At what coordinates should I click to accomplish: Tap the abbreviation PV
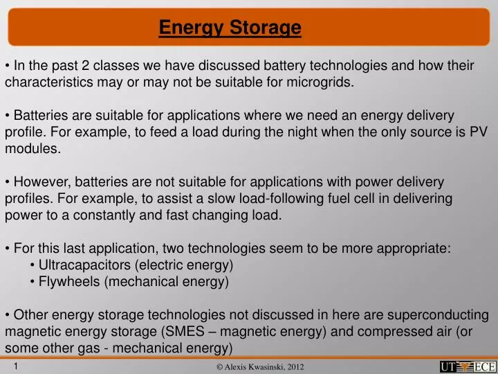tap(480, 132)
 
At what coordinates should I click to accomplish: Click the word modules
tap(32, 148)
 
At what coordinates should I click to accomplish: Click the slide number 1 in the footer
tap(15, 366)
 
